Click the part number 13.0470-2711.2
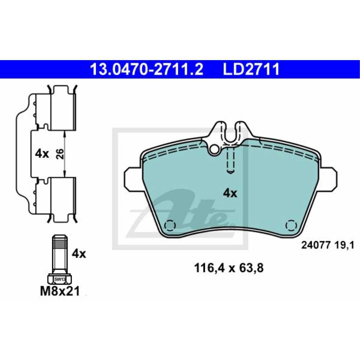(x=147, y=69)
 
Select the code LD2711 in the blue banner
(x=251, y=69)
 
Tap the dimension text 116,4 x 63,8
(x=229, y=268)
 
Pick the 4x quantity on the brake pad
(x=230, y=193)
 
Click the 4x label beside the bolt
(x=79, y=254)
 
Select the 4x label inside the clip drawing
(x=42, y=154)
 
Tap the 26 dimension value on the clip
(x=60, y=154)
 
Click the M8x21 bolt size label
(x=60, y=291)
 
